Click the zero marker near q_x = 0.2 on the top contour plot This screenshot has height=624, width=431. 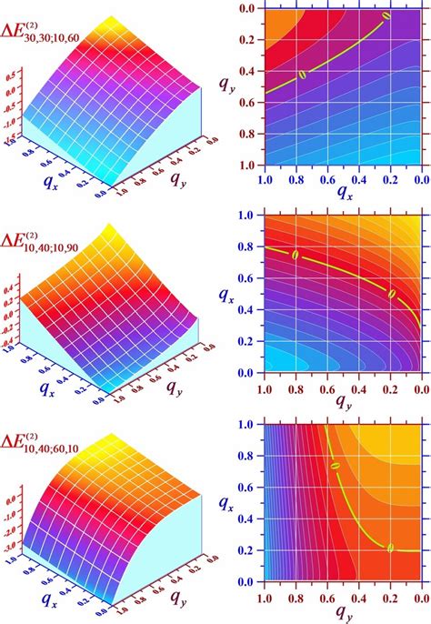tap(386, 15)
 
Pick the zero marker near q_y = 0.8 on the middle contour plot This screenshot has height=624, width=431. tap(295, 256)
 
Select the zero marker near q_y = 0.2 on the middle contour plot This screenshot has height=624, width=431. tap(392, 294)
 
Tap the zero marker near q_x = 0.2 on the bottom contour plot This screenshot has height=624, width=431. tap(390, 549)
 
